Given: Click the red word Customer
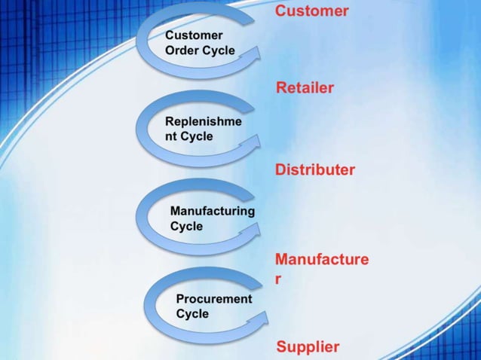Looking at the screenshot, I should point(311,11).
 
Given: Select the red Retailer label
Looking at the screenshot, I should point(305,88).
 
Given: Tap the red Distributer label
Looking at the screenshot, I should point(314,169).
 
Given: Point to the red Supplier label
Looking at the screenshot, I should point(308,346).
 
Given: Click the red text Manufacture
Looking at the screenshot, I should point(322,260).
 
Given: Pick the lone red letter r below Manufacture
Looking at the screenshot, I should point(278,279).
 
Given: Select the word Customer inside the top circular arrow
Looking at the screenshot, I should point(194,35).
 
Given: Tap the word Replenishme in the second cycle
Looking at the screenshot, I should point(204,121).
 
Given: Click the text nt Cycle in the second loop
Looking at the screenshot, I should point(188,136).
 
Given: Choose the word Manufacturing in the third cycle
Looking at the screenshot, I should point(212,211).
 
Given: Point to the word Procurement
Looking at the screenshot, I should point(214,298).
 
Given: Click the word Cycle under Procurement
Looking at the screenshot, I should point(192,313).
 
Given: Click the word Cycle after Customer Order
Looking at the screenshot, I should point(219,50).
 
